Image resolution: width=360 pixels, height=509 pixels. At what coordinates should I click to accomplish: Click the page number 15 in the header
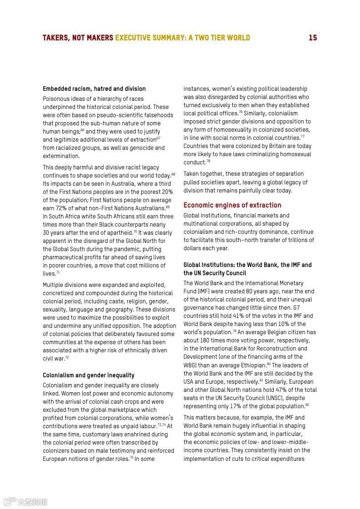(313, 38)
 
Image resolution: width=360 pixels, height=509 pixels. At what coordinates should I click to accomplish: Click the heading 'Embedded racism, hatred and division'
(94, 89)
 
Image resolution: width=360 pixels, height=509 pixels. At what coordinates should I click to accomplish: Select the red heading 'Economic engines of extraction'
(232, 205)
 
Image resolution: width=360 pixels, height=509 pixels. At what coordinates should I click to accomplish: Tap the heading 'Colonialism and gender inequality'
(89, 375)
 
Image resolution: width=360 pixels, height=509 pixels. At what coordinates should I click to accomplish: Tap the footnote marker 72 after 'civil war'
(67, 357)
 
